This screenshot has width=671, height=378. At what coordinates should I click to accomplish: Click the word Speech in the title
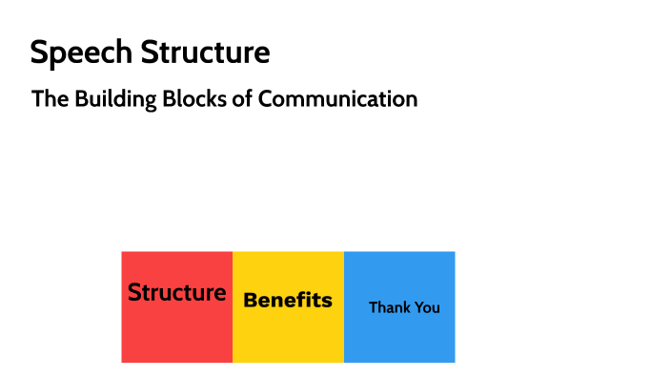81,53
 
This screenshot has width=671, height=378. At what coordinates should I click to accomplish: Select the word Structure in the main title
205,52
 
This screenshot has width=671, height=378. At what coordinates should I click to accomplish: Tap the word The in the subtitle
48,98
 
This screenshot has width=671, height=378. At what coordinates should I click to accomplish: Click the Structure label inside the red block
176,292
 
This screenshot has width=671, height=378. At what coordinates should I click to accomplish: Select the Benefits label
288,300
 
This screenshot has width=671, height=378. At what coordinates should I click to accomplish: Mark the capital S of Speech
39,52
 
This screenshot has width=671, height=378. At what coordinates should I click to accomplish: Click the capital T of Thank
373,307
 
